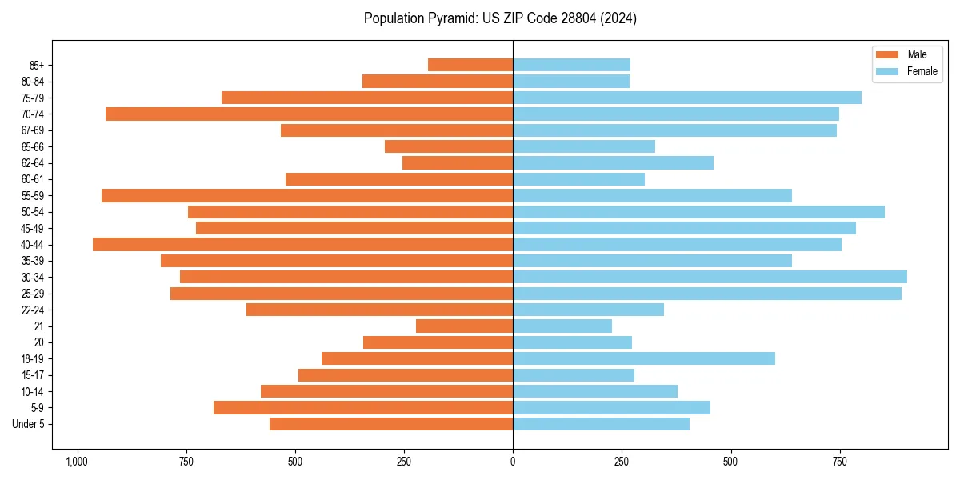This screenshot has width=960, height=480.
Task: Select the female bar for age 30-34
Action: point(710,277)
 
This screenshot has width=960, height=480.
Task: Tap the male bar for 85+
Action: point(470,65)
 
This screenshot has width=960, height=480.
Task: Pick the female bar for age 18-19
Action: point(644,358)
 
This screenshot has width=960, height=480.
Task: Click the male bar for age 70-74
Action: point(309,114)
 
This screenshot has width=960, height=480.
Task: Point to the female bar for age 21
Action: point(562,326)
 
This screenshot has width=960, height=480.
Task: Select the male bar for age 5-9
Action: point(363,407)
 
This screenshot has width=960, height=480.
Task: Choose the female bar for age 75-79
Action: point(687,98)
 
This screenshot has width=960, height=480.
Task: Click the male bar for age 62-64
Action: point(458,162)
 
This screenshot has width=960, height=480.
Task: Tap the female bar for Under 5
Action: point(601,424)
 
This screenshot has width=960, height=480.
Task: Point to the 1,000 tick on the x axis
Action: point(77,462)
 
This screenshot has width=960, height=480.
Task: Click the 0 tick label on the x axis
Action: point(513,462)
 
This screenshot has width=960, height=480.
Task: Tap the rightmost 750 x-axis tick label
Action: point(839,462)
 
